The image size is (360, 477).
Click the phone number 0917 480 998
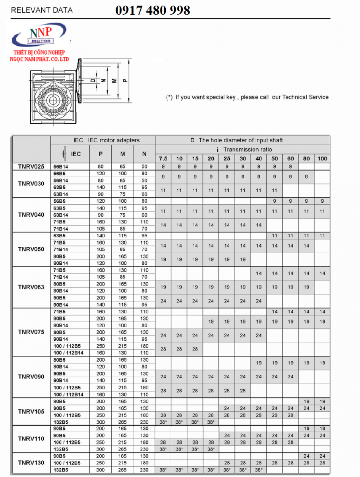153,10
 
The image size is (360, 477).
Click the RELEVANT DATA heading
42,10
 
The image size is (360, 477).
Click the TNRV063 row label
31,287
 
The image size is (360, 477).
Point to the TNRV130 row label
31,463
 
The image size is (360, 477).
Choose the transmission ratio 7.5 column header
163,158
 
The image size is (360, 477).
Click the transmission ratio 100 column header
322,158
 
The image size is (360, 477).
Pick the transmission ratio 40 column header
259,158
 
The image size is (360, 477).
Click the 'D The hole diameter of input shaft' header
242,140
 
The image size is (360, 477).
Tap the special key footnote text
247,97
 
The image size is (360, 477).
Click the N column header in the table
144,154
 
